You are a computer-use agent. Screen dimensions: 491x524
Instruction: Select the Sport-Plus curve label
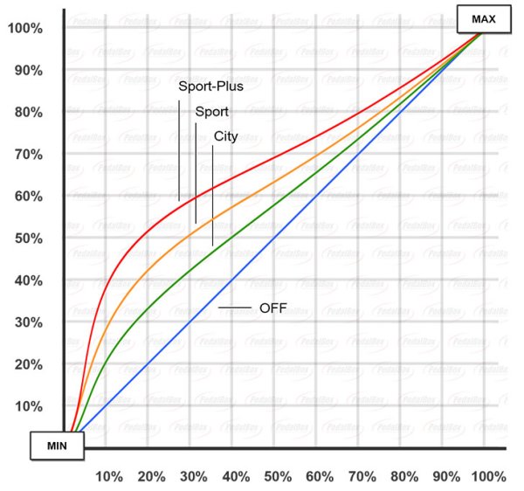coord(211,86)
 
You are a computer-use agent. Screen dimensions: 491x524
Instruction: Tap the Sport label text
coord(212,112)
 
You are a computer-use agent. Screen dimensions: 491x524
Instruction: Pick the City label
coord(225,136)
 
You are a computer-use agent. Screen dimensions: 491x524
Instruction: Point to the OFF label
coord(273,308)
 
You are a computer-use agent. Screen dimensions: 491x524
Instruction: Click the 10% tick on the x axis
coord(109,477)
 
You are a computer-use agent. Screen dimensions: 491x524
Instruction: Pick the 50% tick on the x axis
coord(278,477)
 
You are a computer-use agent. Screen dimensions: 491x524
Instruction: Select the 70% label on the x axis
coord(362,477)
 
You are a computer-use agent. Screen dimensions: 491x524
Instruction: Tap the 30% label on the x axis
coord(193,477)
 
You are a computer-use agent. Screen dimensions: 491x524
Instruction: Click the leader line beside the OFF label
coord(235,308)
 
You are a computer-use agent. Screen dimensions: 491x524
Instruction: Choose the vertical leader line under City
coord(213,196)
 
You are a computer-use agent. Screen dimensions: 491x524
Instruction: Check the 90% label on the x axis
coord(445,477)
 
